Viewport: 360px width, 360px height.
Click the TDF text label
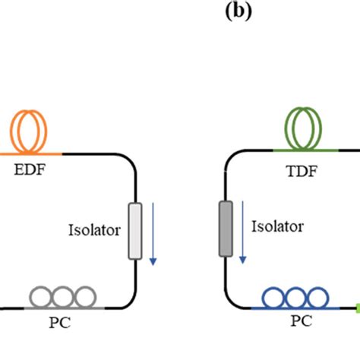click(302, 172)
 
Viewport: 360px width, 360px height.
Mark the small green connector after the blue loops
click(356, 308)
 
